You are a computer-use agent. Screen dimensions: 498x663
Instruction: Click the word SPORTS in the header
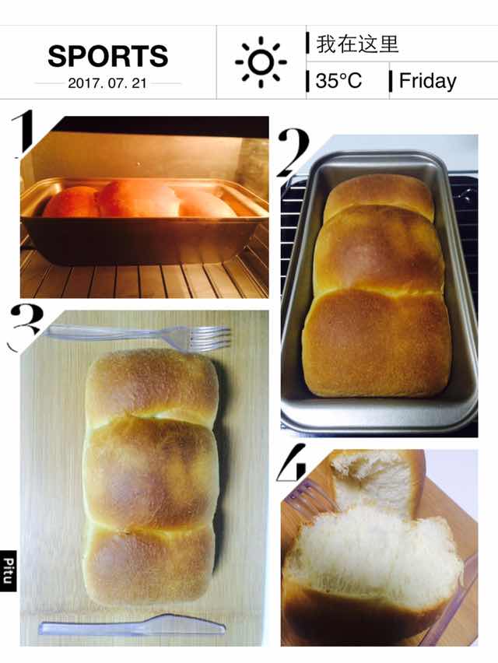click(108, 56)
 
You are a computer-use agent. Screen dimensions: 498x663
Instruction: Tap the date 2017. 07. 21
click(107, 82)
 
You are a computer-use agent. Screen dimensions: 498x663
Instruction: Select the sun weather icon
click(261, 62)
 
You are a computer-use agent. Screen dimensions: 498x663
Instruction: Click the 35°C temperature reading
click(338, 80)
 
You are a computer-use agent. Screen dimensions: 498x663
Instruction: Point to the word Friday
click(427, 81)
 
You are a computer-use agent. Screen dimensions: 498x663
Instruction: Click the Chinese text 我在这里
click(357, 44)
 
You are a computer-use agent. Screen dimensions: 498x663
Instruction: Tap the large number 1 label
click(23, 132)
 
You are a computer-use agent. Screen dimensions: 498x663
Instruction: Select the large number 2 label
click(293, 153)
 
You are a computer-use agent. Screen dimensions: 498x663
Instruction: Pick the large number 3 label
click(26, 326)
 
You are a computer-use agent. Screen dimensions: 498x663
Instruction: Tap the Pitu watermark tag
click(8, 571)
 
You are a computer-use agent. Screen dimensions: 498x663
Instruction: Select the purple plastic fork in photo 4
click(310, 496)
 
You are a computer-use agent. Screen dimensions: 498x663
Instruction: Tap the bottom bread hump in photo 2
click(377, 343)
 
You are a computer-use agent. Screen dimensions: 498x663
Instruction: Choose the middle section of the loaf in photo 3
click(151, 472)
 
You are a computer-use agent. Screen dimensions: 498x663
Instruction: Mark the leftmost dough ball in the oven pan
click(71, 202)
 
